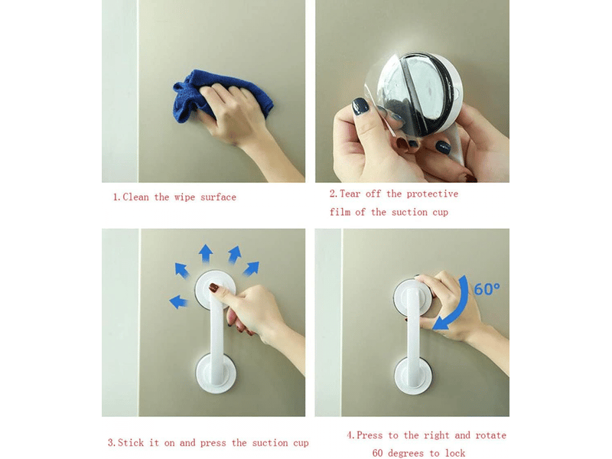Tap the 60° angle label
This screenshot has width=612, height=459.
[x=487, y=289]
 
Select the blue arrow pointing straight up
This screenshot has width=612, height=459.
[x=206, y=254]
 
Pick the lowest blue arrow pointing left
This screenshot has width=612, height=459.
[x=178, y=301]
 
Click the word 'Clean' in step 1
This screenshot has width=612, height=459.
[x=136, y=197]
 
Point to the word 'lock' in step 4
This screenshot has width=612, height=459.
[x=455, y=453]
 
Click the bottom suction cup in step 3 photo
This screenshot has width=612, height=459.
[x=216, y=373]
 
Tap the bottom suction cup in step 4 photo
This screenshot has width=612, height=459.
[x=414, y=376]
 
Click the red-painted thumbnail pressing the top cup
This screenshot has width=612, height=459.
[x=214, y=288]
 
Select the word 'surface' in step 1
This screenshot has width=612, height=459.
[x=218, y=197]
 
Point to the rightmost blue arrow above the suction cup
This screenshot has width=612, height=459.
[x=251, y=268]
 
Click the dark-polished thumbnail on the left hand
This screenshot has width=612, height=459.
[x=360, y=106]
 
